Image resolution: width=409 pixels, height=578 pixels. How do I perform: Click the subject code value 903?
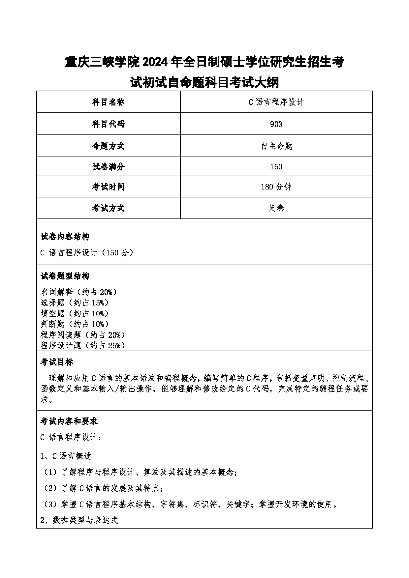[x=276, y=124]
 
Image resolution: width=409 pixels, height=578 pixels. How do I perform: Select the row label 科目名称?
[x=108, y=102]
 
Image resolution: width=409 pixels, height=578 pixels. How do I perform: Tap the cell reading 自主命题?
[x=276, y=146]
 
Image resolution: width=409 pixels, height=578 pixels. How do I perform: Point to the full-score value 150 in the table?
[x=276, y=167]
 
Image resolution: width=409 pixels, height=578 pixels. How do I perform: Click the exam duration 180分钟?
[x=276, y=187]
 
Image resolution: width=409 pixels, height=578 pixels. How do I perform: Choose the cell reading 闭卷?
[x=276, y=208]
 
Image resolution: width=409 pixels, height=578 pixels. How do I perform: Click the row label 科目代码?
[x=108, y=124]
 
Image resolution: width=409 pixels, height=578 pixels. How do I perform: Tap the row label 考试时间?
[x=108, y=187]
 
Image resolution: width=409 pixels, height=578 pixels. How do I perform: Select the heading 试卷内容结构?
[x=65, y=237]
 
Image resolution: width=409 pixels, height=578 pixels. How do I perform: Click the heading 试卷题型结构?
[x=65, y=276]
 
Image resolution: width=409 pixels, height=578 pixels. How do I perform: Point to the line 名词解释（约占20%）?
[x=79, y=292]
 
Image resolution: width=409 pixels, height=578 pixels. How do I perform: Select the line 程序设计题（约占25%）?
[x=83, y=345]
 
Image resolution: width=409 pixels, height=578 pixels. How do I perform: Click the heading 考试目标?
[x=56, y=362]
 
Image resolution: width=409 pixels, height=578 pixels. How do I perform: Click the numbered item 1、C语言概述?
[x=66, y=456]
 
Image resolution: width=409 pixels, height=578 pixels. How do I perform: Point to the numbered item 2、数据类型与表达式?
[x=79, y=520]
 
